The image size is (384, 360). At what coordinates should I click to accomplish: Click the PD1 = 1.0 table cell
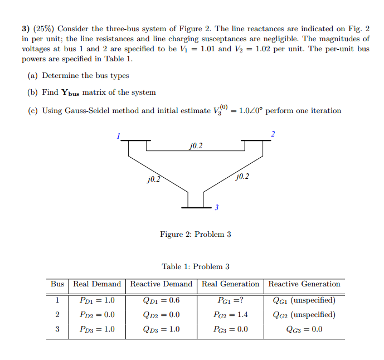(x=98, y=300)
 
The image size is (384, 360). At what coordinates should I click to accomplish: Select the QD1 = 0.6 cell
(x=162, y=300)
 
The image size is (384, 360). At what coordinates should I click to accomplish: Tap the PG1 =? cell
(x=230, y=300)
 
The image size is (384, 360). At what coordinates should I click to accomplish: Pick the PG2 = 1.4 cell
(x=230, y=315)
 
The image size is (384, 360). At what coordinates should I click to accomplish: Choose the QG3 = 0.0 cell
(x=304, y=329)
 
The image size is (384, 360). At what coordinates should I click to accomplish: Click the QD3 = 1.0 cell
(x=162, y=329)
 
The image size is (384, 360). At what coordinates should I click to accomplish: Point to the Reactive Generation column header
(x=304, y=284)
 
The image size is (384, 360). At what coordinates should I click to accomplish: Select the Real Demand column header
(x=98, y=284)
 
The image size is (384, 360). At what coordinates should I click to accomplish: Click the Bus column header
(x=57, y=284)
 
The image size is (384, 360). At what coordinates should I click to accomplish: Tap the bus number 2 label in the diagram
(x=273, y=134)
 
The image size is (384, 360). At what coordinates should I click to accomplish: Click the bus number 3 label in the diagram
(x=216, y=208)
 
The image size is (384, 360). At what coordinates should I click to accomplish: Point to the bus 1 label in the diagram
(x=118, y=135)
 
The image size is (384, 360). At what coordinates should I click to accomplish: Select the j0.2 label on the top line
(x=196, y=146)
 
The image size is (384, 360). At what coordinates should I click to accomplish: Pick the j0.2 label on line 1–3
(x=153, y=179)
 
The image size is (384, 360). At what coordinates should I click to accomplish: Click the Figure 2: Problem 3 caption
(x=195, y=235)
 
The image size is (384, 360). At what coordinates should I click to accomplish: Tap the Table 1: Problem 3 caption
(x=195, y=267)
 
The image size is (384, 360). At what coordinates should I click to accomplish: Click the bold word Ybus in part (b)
(x=69, y=93)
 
